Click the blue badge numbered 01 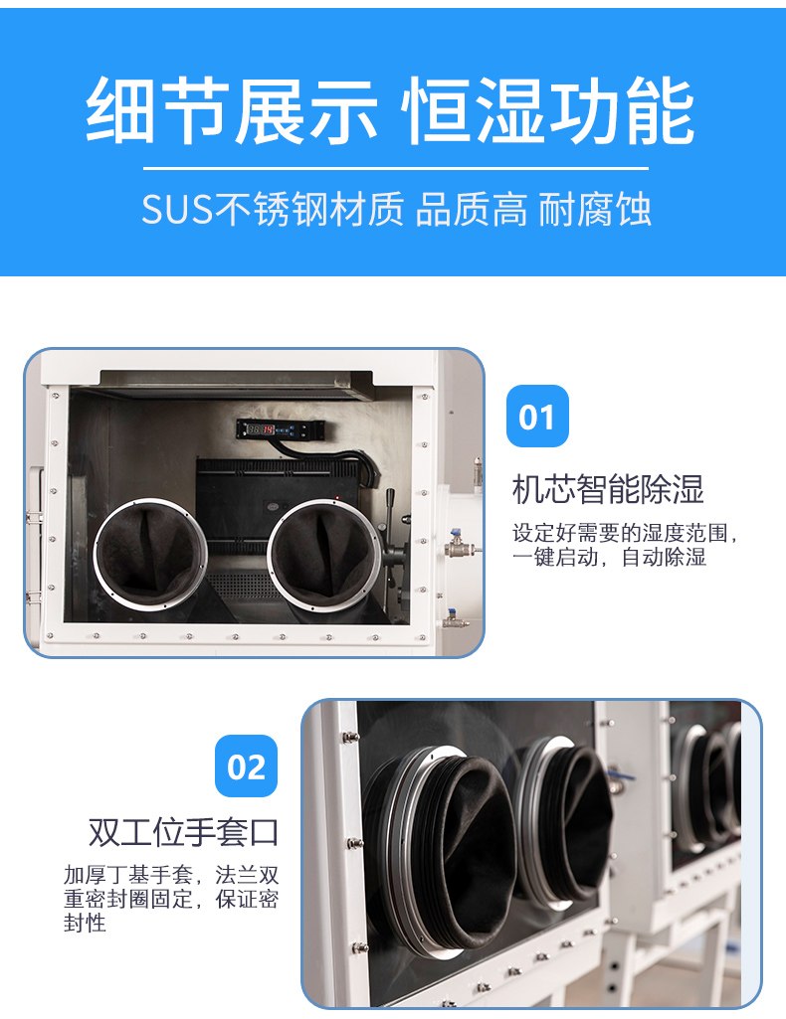tap(537, 416)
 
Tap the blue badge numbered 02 tap(247, 766)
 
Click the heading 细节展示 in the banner tap(232, 110)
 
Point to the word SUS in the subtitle tap(177, 210)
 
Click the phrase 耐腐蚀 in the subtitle tap(595, 210)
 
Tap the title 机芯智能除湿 tap(608, 489)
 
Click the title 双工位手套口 tap(183, 832)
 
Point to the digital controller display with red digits tap(280, 428)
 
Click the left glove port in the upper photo tap(151, 555)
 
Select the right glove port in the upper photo tap(324, 555)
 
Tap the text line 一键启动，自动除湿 tap(609, 558)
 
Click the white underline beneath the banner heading tap(395, 168)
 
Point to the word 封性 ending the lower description tap(85, 923)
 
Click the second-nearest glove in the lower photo tap(565, 822)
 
